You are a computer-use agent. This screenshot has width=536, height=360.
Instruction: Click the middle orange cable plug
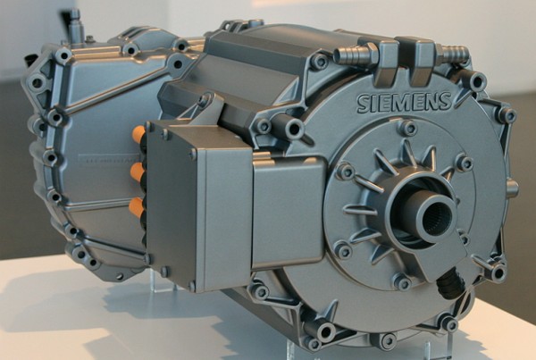click(137, 171)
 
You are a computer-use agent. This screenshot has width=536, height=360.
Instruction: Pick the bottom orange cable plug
click(136, 205)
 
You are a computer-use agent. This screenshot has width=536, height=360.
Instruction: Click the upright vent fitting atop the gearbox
click(76, 19)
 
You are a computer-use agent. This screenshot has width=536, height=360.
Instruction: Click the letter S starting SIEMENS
click(364, 104)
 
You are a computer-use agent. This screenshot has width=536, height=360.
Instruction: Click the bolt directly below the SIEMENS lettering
click(409, 128)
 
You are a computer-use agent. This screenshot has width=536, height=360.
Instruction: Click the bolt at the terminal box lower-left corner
click(163, 272)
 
